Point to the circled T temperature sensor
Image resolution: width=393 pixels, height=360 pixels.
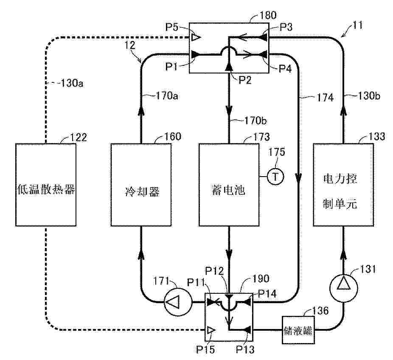[x=275, y=177]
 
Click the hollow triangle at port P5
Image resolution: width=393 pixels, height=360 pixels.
[x=195, y=38]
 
